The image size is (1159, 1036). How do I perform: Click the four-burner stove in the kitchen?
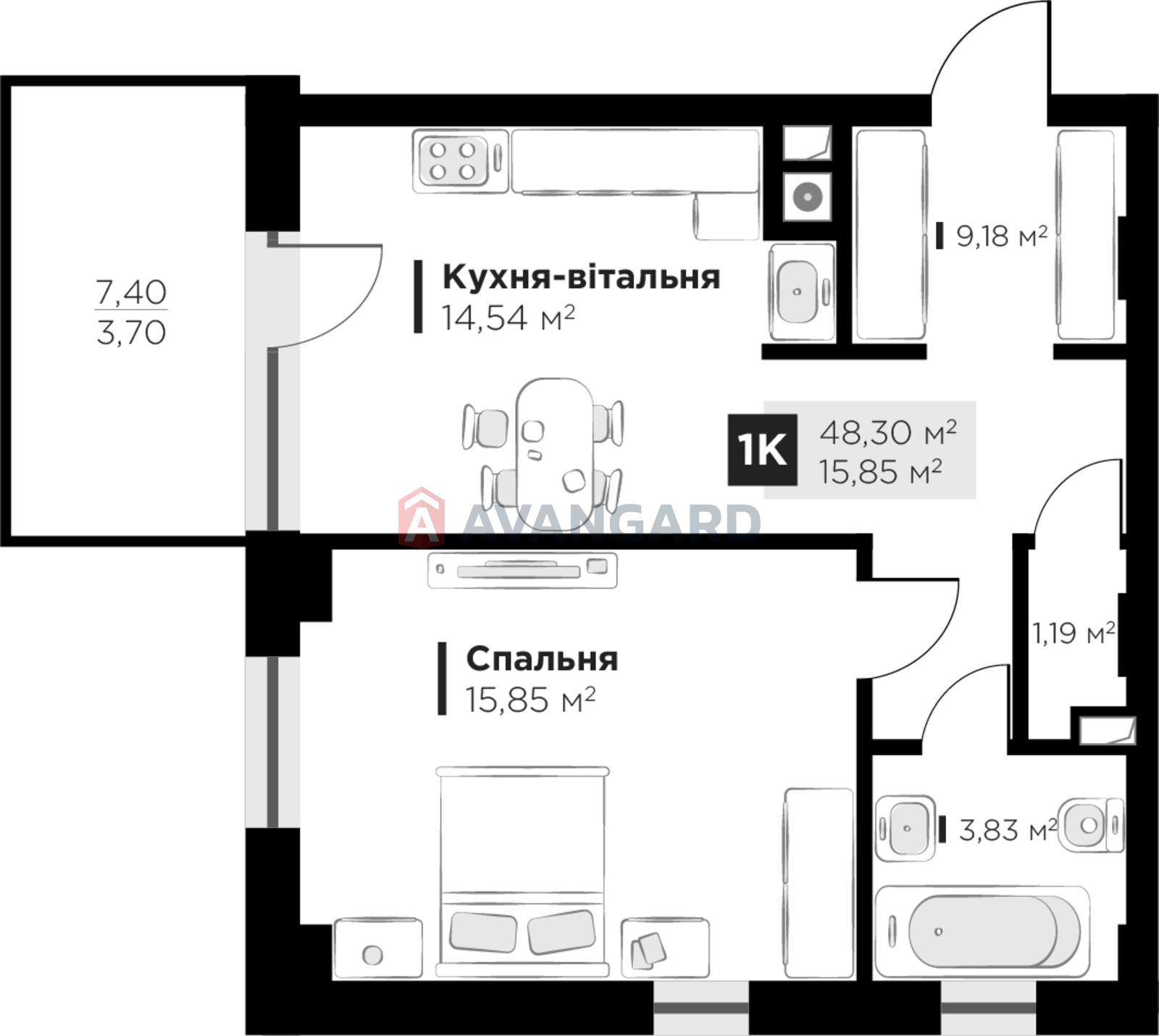click(x=459, y=161)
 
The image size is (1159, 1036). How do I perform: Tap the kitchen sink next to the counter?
click(x=802, y=292)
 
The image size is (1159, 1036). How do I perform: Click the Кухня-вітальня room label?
click(x=581, y=277)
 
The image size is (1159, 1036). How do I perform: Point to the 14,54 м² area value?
click(x=509, y=318)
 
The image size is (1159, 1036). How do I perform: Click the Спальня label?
click(x=542, y=659)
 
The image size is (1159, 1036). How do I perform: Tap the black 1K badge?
click(x=763, y=449)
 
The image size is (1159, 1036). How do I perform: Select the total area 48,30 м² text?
click(x=888, y=432)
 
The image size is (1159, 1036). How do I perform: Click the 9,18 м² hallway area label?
click(x=1002, y=236)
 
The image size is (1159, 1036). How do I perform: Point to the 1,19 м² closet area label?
click(x=1074, y=633)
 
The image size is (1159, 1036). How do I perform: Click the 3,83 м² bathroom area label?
click(x=1008, y=829)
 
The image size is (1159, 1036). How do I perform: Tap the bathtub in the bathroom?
click(x=982, y=932)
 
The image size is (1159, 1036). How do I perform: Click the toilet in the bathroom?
click(x=1091, y=825)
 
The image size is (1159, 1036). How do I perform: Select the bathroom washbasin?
click(x=905, y=828)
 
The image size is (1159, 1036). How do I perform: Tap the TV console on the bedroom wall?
click(x=522, y=570)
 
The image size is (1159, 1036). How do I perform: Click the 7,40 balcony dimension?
click(x=131, y=292)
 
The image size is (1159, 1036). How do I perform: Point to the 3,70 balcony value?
click(x=131, y=333)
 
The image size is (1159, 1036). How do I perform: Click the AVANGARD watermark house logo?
click(x=422, y=516)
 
